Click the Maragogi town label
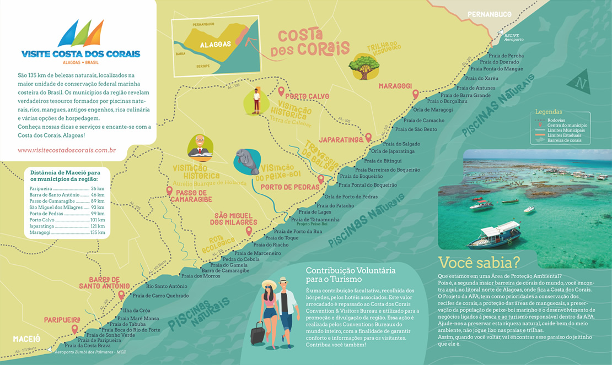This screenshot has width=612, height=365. coord(395,86)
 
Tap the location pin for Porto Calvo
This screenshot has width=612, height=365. coord(281,91)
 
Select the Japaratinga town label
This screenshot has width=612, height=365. coord(341,139)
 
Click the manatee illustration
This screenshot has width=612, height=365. coord(246,162)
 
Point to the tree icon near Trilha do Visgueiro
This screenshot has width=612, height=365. coord(364,66)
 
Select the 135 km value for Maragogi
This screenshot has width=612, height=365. coord(97,232)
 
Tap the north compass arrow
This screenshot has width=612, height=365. coord(580,84)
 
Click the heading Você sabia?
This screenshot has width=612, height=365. coord(479,262)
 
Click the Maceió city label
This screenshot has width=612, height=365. coord(26,337)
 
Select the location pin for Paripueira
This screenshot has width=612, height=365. coord(74,329)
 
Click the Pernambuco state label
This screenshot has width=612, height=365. coord(490,14)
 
